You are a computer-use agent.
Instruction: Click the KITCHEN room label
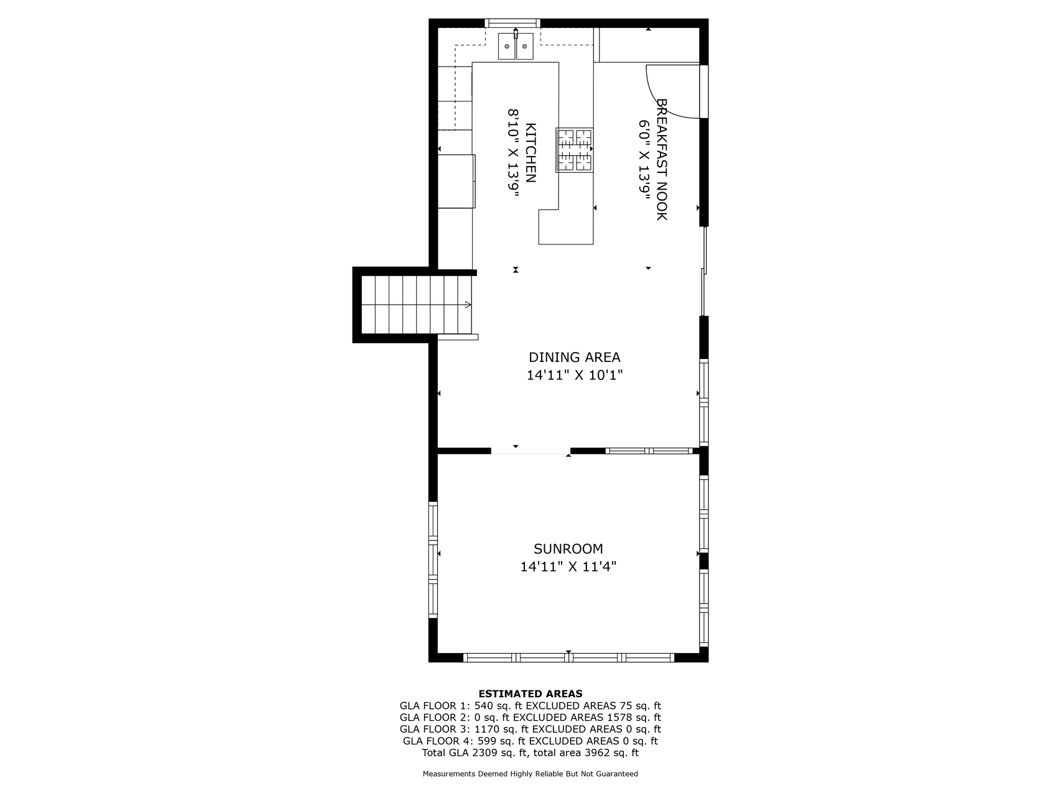click(x=530, y=153)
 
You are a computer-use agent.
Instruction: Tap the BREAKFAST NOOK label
click(x=662, y=159)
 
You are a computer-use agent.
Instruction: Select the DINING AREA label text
click(x=575, y=358)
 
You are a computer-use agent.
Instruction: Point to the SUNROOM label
click(x=568, y=549)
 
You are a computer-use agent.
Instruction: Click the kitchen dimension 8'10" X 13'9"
click(x=514, y=153)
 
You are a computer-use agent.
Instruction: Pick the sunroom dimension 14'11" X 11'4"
click(x=568, y=567)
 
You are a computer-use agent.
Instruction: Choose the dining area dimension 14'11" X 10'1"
click(x=575, y=376)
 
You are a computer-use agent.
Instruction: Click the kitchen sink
click(x=516, y=46)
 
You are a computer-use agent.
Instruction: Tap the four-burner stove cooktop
click(x=575, y=149)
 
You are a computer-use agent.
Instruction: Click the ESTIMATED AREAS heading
click(x=530, y=694)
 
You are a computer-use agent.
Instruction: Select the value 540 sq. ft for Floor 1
click(x=499, y=706)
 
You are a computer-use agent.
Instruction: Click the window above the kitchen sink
click(x=512, y=24)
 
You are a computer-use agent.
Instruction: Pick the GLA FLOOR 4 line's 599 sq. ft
click(x=502, y=741)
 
